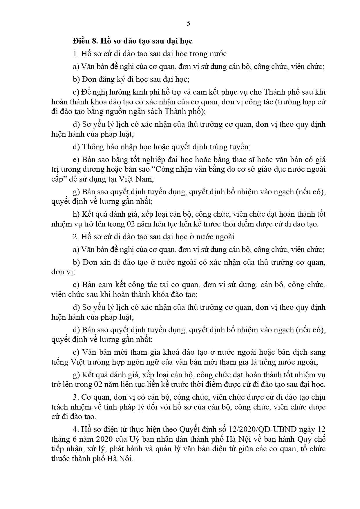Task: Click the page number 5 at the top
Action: (189, 24)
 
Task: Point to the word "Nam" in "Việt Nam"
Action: (146, 179)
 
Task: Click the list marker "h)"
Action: (76, 214)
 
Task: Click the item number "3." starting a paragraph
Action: (76, 397)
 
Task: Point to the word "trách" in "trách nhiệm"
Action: (60, 407)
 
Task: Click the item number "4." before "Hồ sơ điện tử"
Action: (76, 429)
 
